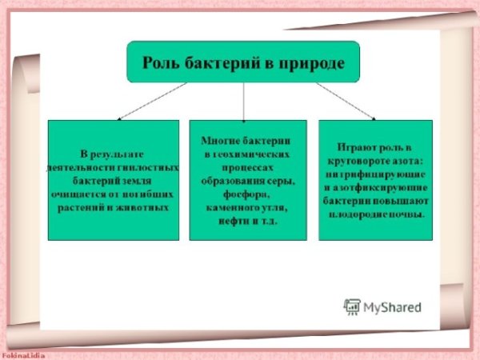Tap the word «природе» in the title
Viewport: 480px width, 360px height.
pyautogui.click(x=312, y=65)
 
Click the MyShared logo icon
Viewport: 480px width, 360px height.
pyautogui.click(x=352, y=307)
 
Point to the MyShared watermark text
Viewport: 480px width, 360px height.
pyautogui.click(x=393, y=307)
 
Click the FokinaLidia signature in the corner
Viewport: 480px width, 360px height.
pyautogui.click(x=22, y=356)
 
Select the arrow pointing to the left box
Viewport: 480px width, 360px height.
pyautogui.click(x=152, y=102)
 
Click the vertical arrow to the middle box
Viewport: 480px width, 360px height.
pyautogui.click(x=244, y=102)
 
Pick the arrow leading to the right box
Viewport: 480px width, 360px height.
pyautogui.click(x=346, y=102)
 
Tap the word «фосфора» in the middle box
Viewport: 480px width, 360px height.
pyautogui.click(x=246, y=194)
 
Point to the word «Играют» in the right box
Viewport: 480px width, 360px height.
pyautogui.click(x=357, y=148)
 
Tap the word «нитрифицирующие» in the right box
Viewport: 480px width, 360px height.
pyautogui.click(x=375, y=174)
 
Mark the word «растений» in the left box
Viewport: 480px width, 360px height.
pyautogui.click(x=81, y=208)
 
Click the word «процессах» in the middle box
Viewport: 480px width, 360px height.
pyautogui.click(x=247, y=168)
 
